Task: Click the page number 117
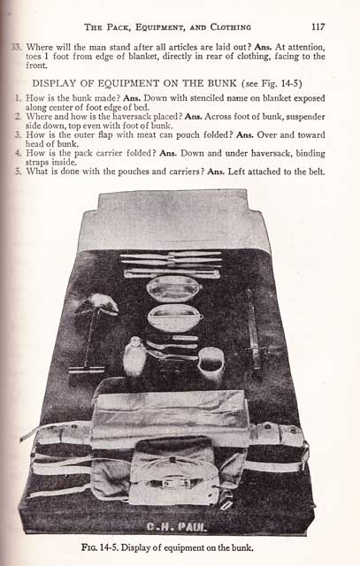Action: pyautogui.click(x=318, y=27)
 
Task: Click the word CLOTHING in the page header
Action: pyautogui.click(x=230, y=27)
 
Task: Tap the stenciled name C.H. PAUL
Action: pyautogui.click(x=177, y=527)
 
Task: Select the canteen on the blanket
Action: pyautogui.click(x=134, y=356)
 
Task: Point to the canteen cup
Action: pyautogui.click(x=211, y=363)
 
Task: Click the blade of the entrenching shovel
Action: pyautogui.click(x=96, y=304)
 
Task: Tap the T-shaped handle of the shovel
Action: pyautogui.click(x=87, y=370)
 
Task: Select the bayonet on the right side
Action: pyautogui.click(x=254, y=329)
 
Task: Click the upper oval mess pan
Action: pyautogui.click(x=174, y=289)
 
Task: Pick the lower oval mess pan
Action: pyautogui.click(x=175, y=317)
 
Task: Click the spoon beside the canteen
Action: pyautogui.click(x=172, y=356)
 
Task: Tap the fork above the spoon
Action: pyautogui.click(x=172, y=346)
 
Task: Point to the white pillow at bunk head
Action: pyautogui.click(x=174, y=219)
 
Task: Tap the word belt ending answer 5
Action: pyautogui.click(x=317, y=172)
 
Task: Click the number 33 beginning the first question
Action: pyautogui.click(x=18, y=47)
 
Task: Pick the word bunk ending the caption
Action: pyautogui.click(x=243, y=547)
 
